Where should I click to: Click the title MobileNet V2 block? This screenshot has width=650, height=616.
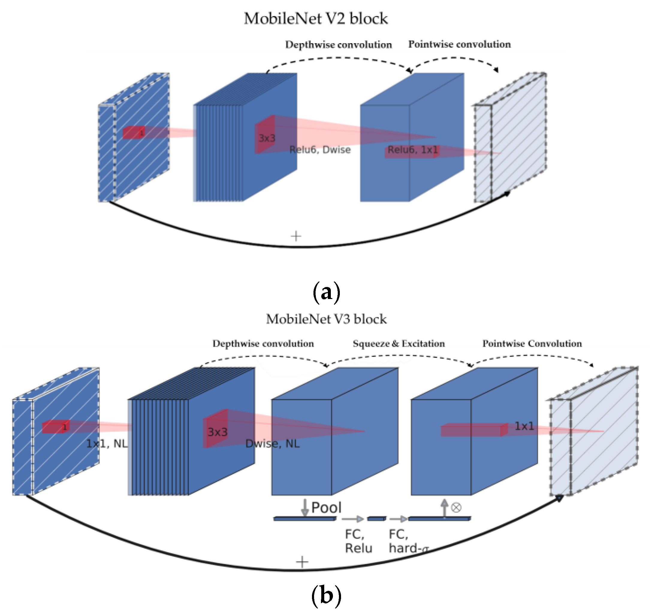316,18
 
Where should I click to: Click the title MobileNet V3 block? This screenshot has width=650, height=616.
326,319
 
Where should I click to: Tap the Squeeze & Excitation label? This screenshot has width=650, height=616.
399,343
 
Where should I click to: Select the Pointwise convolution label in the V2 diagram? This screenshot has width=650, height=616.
459,44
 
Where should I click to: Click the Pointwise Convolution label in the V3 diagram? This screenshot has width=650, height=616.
532,343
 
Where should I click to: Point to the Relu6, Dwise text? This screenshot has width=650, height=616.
320,150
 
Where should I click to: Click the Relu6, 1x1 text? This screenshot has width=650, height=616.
413,150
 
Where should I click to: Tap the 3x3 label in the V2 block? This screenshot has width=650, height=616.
267,138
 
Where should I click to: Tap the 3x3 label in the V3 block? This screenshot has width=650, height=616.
218,432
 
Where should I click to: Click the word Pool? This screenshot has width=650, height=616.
326,508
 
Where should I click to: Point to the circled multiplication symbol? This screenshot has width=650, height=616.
456,508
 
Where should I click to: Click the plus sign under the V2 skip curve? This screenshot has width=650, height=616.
296,236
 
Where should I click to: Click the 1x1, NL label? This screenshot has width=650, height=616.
107,444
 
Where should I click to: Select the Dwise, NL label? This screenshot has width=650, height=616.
272,444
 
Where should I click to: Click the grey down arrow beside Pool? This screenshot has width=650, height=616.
305,507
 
